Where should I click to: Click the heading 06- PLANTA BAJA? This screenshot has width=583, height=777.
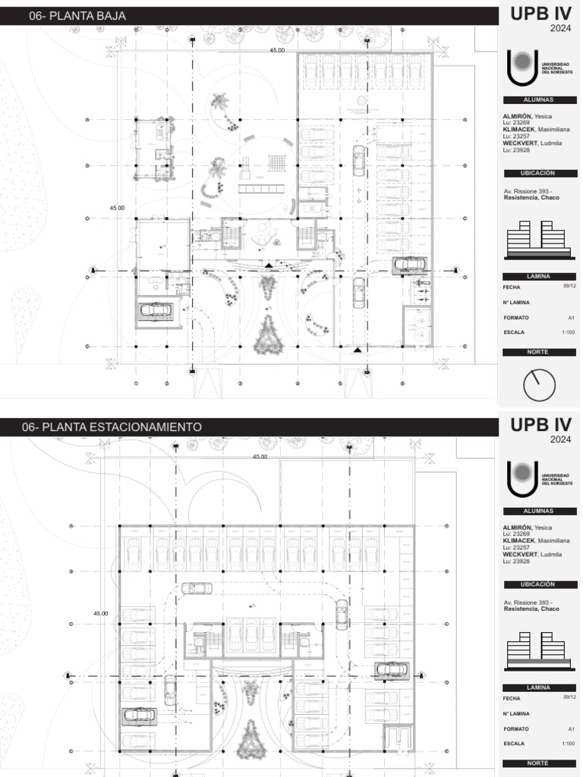(77, 16)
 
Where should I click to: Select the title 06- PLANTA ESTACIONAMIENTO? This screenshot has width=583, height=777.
(112, 427)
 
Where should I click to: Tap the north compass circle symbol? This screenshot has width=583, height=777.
(539, 385)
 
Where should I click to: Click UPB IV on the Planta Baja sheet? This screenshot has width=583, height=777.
(539, 15)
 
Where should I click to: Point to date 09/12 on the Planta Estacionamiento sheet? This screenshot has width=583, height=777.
(569, 697)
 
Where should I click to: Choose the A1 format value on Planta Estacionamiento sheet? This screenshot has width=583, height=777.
(570, 728)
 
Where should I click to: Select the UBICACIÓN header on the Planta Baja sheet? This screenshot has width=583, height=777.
(539, 173)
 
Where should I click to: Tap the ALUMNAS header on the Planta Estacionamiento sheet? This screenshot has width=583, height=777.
(539, 511)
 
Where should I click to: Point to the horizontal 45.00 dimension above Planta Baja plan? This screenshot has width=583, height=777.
(277, 50)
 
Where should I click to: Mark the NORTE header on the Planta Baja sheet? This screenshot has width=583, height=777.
(539, 352)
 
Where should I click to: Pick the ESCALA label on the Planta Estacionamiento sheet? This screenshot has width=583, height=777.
(514, 744)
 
